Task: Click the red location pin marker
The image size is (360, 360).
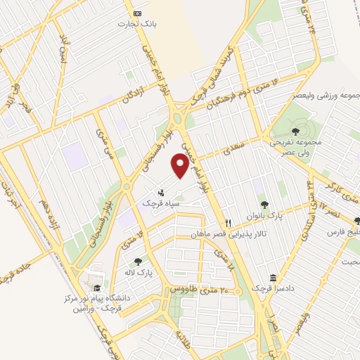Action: click(x=181, y=166)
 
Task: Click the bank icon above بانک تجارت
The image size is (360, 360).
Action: click(x=138, y=14)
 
